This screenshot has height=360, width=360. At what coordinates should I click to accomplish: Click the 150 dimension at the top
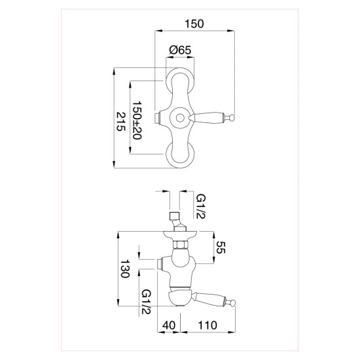pyautogui.click(x=194, y=24)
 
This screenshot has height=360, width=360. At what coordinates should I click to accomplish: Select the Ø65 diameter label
pyautogui.click(x=180, y=50)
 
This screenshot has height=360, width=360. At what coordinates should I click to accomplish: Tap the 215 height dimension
pyautogui.click(x=121, y=122)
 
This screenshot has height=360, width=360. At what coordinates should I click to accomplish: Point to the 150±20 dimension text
pyautogui.click(x=137, y=120)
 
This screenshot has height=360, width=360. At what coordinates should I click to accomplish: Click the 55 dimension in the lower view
pyautogui.click(x=221, y=247)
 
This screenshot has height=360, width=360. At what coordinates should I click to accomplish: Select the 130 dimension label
pyautogui.click(x=125, y=268)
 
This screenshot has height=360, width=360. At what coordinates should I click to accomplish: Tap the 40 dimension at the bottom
pyautogui.click(x=169, y=325)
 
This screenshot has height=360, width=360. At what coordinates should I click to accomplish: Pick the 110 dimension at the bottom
pyautogui.click(x=207, y=325)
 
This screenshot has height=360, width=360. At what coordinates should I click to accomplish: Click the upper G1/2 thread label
pyautogui.click(x=202, y=206)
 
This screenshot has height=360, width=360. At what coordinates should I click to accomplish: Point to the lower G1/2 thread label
pyautogui.click(x=146, y=302)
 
